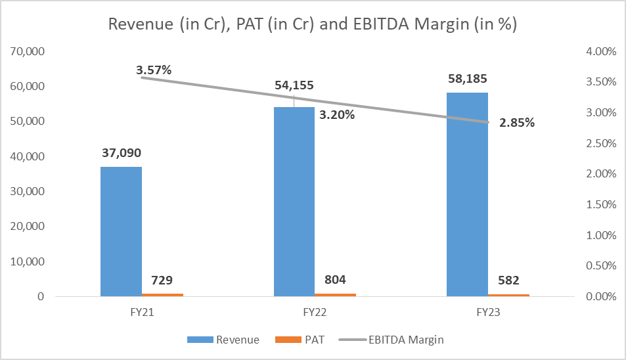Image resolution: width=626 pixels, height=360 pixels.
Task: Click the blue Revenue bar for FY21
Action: pyautogui.click(x=121, y=231)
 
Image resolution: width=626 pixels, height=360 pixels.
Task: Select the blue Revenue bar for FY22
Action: pyautogui.click(x=294, y=201)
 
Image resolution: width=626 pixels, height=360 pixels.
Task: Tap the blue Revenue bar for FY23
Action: pyautogui.click(x=467, y=194)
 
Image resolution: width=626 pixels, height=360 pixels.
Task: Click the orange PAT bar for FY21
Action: pyautogui.click(x=162, y=295)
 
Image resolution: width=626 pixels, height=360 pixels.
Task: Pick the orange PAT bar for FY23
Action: pyautogui.click(x=508, y=295)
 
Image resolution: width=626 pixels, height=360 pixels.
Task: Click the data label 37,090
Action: pyautogui.click(x=121, y=153)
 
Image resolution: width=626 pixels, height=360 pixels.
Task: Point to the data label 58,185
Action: pyautogui.click(x=467, y=79)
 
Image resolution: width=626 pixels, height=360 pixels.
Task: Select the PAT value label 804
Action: pyautogui.click(x=335, y=281)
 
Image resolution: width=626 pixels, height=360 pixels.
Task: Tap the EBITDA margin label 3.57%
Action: pyautogui.click(x=154, y=70)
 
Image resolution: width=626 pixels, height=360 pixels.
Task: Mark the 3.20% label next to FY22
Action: pyautogui.click(x=336, y=115)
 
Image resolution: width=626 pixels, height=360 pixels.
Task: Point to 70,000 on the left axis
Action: pyautogui.click(x=26, y=51)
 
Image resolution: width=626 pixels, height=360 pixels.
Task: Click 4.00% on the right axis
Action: pyautogui.click(x=600, y=51)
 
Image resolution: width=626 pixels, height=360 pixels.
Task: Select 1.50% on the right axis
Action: pyautogui.click(x=600, y=204)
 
